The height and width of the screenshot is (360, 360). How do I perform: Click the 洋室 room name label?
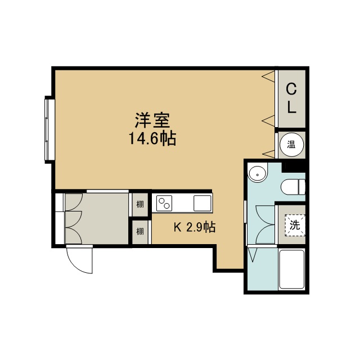click(152, 120)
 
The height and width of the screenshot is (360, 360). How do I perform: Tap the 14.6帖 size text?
click(152, 138)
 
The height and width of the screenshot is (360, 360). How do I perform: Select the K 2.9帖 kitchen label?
click(195, 227)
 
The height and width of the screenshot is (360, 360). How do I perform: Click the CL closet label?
click(291, 98)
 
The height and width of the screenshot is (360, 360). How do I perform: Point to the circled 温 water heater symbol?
click(291, 145)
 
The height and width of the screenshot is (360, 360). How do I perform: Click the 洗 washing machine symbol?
click(295, 225)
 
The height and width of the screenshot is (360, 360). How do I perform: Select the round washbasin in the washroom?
click(258, 174)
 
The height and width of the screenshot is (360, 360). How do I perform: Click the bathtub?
click(291, 269)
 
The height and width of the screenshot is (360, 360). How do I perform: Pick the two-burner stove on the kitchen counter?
click(164, 203)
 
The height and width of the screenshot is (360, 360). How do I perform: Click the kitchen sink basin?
click(202, 203)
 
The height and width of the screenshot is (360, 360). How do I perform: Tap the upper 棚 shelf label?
click(140, 204)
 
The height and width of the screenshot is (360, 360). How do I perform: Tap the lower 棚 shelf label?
click(140, 231)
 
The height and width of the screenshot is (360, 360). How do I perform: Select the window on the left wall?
click(49, 130)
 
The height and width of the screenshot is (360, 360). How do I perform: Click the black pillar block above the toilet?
click(294, 167)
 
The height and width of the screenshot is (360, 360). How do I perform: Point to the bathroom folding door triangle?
click(253, 254)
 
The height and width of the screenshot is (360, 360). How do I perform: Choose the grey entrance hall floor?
click(96, 219)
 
